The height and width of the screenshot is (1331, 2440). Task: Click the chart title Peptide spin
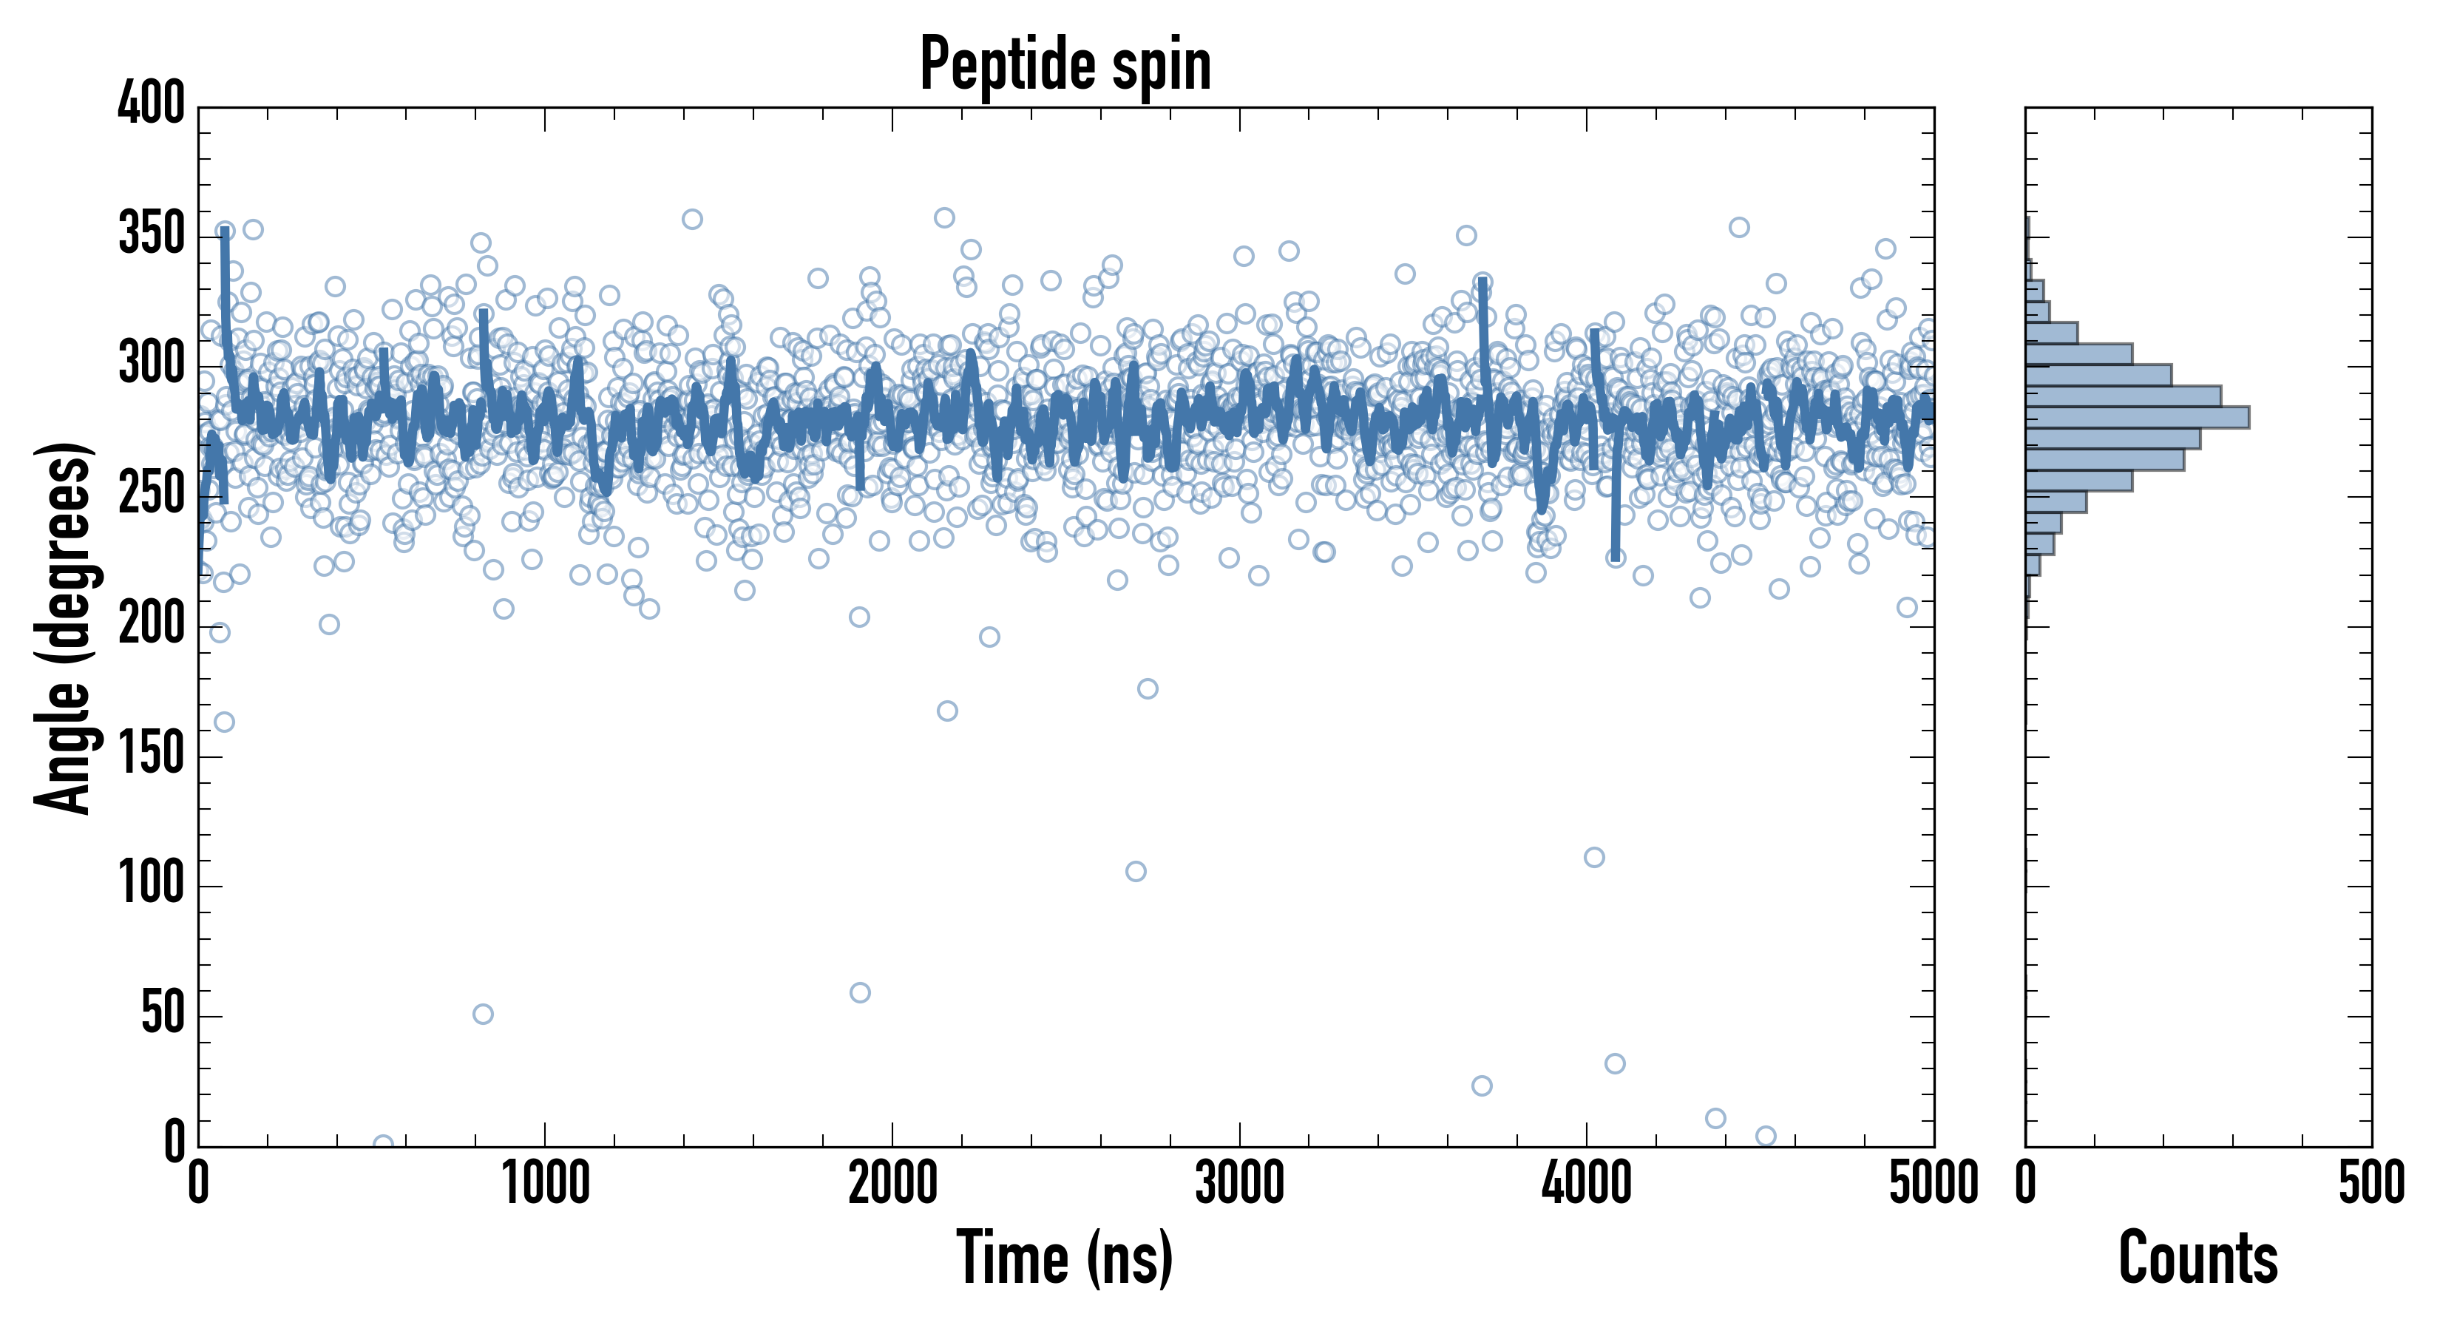click(1065, 64)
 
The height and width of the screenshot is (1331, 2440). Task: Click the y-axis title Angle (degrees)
click(63, 627)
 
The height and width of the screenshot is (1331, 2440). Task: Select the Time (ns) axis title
click(1065, 1258)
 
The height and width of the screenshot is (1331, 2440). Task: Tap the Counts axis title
click(2197, 1258)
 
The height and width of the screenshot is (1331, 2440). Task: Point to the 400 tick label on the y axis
click(151, 102)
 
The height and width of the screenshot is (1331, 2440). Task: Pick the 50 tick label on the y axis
click(162, 1015)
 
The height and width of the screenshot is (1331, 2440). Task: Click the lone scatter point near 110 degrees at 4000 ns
click(1594, 857)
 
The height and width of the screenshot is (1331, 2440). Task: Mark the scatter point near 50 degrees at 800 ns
click(482, 1014)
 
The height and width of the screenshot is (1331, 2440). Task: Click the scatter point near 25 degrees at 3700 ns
click(1482, 1086)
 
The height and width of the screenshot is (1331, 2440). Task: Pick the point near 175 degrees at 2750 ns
click(1147, 688)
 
